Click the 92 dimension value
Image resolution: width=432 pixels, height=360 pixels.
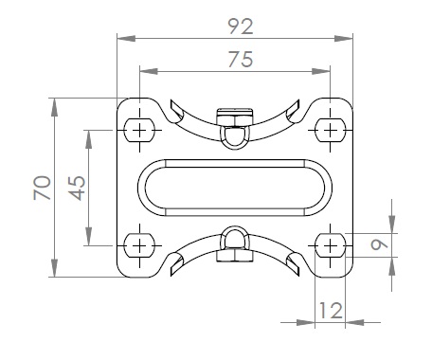[x=241, y=27]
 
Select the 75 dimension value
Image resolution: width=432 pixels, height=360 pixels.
[x=241, y=60]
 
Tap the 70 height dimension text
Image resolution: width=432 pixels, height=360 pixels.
[x=43, y=188]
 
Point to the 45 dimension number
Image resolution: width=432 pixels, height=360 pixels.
[x=78, y=188]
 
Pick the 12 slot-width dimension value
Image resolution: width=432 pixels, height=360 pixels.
[x=331, y=311]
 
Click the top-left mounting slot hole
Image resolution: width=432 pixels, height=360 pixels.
[x=139, y=130]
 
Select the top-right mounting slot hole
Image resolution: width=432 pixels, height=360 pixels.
[x=331, y=130]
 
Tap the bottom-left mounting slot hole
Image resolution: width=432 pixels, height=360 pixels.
[x=139, y=245]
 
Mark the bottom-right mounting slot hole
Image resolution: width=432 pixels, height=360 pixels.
[x=331, y=245]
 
